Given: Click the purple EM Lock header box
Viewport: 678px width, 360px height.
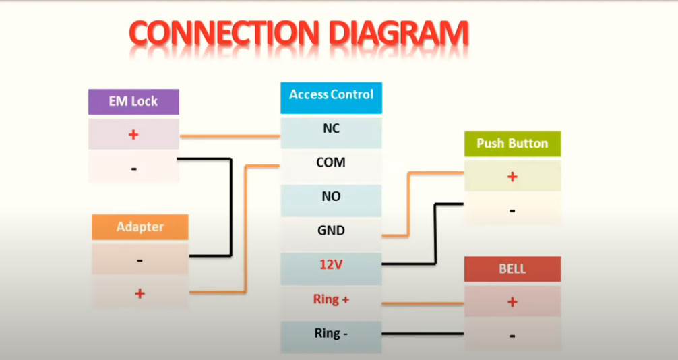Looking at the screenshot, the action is [133, 102].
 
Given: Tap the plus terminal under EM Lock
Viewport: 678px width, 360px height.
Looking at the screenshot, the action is [133, 135].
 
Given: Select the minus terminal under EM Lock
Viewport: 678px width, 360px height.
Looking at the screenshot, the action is [133, 167].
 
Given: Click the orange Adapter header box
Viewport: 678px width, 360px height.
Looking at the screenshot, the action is [140, 227].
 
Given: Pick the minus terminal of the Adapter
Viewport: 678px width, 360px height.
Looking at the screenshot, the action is [140, 260].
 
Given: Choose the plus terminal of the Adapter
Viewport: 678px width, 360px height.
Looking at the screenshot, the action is [140, 293].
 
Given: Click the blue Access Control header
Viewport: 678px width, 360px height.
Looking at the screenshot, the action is [331, 98].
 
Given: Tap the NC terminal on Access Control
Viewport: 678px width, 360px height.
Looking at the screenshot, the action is [331, 133].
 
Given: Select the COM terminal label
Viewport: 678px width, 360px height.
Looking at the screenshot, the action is [331, 162].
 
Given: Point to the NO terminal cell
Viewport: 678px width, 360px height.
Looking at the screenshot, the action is [331, 201].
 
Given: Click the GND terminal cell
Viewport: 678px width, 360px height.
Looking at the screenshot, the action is [331, 235].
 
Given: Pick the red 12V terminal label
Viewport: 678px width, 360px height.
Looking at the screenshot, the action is [331, 264].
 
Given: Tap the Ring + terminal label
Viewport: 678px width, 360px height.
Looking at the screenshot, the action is [331, 299].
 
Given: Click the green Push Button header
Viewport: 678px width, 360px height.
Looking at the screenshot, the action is [512, 144].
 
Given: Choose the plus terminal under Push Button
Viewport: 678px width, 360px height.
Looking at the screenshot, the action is [512, 176].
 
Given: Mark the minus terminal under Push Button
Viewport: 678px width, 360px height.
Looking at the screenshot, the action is [512, 210].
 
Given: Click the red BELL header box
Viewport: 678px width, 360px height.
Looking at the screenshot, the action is [512, 269].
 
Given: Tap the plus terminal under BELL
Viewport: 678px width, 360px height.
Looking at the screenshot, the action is [512, 301].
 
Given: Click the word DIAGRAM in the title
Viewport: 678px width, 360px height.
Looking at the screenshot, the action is [398, 33].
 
